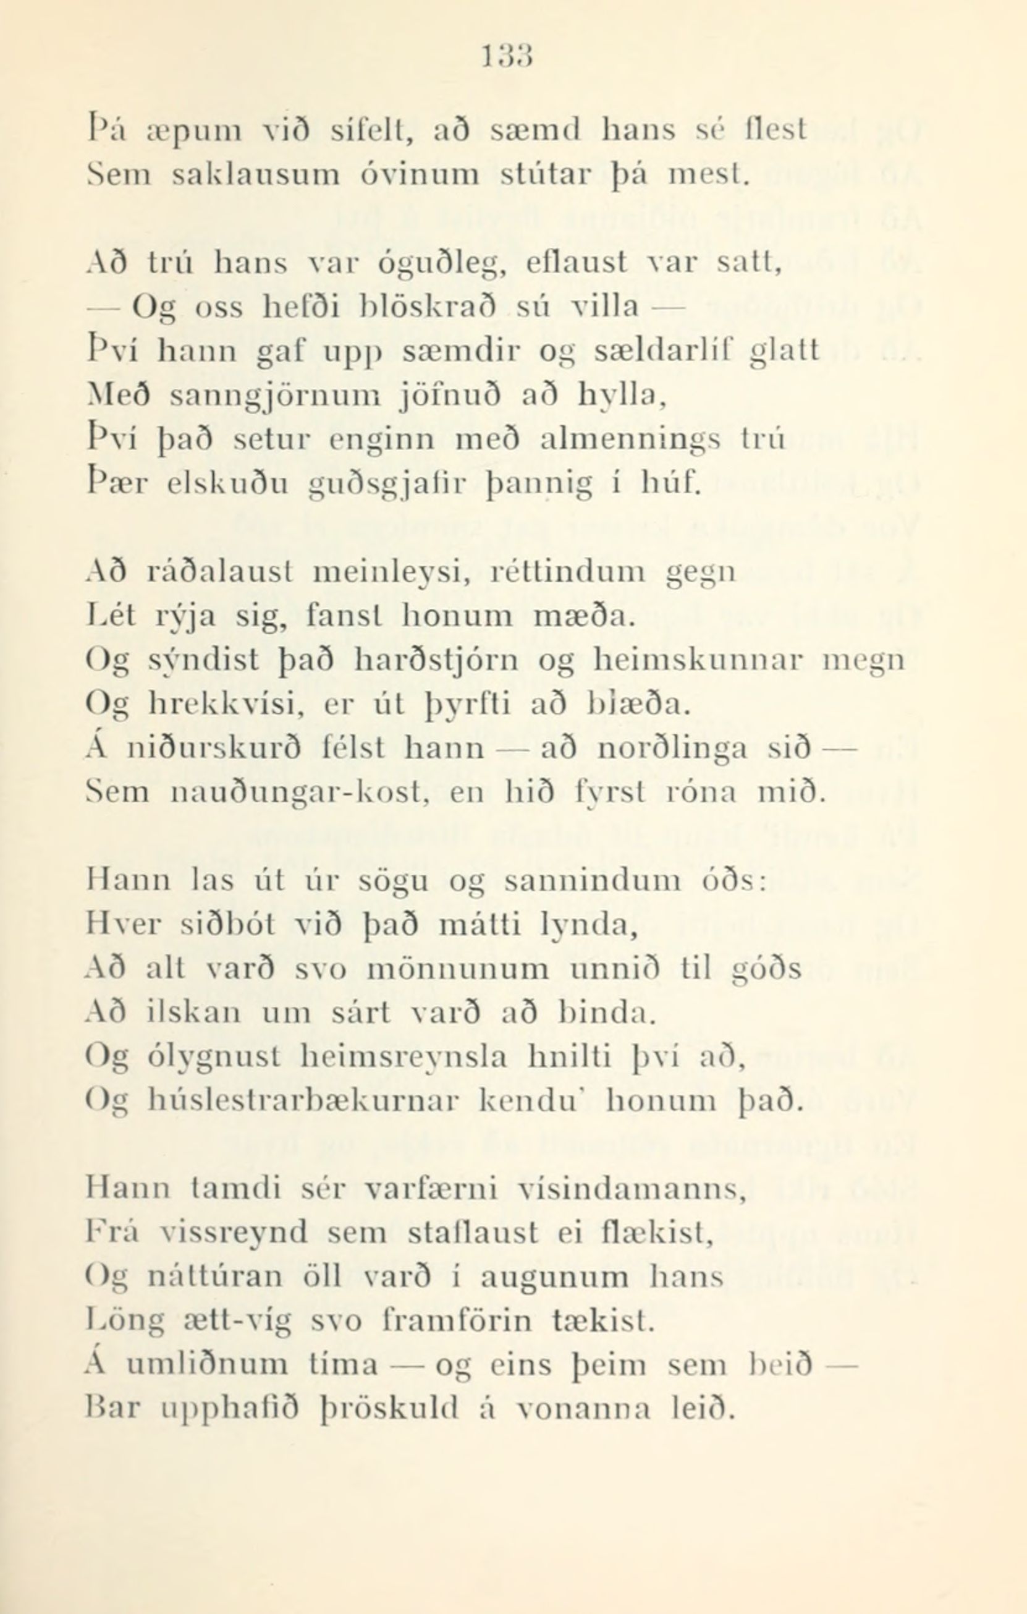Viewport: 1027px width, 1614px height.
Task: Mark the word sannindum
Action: point(591,882)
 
